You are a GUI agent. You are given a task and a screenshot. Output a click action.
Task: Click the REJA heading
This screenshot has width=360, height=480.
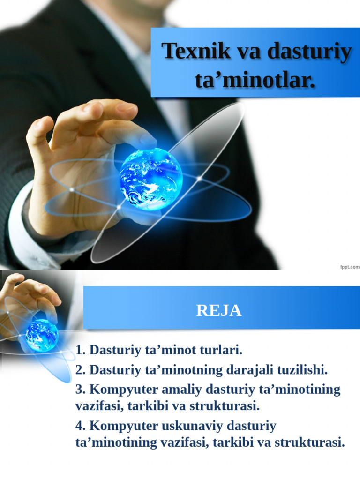(219, 310)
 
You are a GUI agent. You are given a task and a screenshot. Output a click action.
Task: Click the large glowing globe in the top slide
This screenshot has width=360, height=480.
(150, 179)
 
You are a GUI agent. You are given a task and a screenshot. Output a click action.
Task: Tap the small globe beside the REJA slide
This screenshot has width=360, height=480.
(42, 335)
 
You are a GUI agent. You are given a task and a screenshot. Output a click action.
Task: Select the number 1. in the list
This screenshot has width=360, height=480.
(81, 350)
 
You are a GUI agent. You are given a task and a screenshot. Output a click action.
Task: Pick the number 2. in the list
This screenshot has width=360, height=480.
(81, 370)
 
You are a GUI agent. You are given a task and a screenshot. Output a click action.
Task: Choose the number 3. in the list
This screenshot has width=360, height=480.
(81, 390)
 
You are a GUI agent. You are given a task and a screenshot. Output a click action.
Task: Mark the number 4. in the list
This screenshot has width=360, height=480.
(81, 426)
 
